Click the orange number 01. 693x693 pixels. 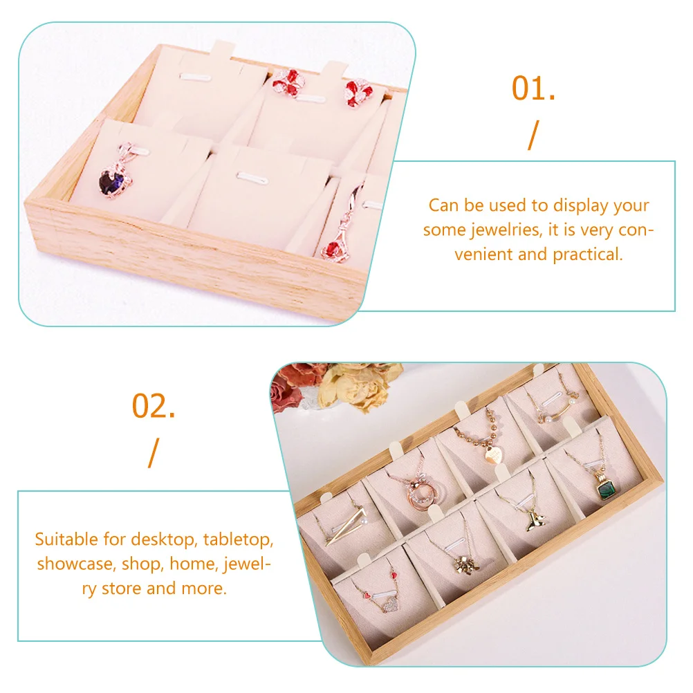click(x=533, y=89)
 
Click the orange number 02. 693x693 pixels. click(x=154, y=407)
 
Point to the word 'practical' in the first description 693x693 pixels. click(x=588, y=255)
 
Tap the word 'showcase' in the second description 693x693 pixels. click(x=76, y=564)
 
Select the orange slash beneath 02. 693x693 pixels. click(x=153, y=452)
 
